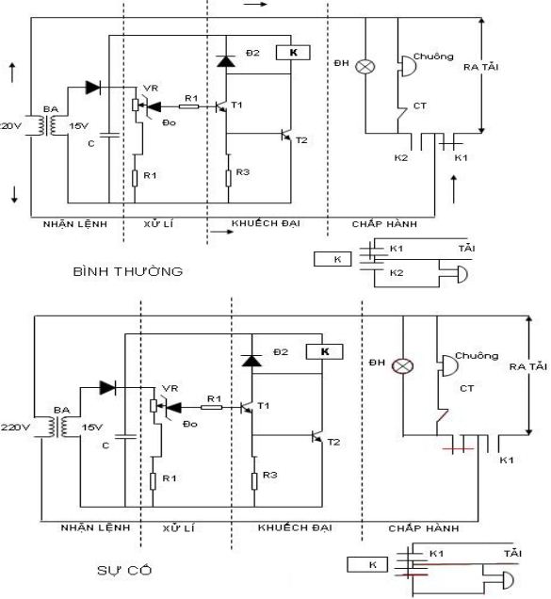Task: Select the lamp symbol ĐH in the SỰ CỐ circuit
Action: click(405, 365)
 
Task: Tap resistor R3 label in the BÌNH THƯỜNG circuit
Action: click(243, 172)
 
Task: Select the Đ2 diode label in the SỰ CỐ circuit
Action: click(280, 351)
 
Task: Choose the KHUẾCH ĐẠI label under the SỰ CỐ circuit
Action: click(295, 529)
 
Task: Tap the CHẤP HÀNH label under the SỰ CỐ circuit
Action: click(424, 529)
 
